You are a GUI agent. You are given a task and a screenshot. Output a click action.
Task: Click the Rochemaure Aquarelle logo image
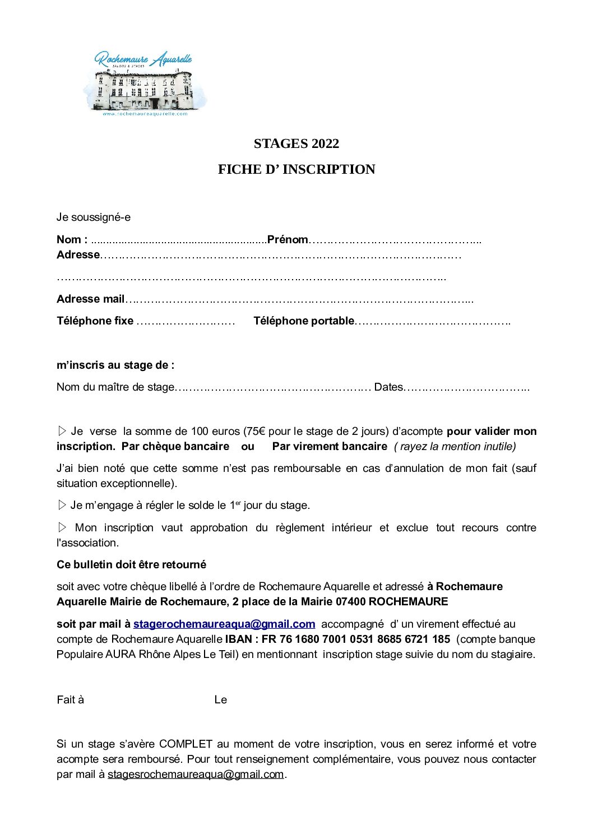coord(145,84)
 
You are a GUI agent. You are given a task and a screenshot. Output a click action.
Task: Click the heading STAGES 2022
coord(296,144)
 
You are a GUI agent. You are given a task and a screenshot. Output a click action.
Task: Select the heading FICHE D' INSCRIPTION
coord(296,169)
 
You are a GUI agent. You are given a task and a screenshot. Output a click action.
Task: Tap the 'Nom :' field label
coord(72,240)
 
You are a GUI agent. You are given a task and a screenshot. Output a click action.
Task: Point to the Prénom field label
coord(288,240)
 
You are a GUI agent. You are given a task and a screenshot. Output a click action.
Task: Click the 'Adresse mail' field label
coord(90,299)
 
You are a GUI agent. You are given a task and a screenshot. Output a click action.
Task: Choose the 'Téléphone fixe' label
coord(95,321)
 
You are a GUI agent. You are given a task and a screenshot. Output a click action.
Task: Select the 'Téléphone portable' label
coord(303,321)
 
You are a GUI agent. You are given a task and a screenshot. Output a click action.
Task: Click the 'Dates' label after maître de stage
coord(388,387)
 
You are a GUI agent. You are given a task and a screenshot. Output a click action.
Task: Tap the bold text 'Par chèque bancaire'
coord(175,446)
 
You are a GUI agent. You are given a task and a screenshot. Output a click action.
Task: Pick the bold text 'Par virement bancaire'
coord(330,446)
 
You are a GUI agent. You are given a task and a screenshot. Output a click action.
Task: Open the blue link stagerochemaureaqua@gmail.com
coord(224,624)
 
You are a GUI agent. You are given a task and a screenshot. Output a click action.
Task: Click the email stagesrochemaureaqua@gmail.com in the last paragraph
coord(196,774)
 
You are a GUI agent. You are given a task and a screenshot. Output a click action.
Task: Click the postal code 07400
coord(350,601)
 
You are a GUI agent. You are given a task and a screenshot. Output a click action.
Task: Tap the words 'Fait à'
coord(70,699)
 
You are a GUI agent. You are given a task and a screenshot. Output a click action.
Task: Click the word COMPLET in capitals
coord(186,744)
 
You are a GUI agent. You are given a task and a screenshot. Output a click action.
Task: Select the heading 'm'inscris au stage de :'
coord(115,365)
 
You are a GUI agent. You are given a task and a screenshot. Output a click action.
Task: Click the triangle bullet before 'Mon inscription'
coord(62,527)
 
